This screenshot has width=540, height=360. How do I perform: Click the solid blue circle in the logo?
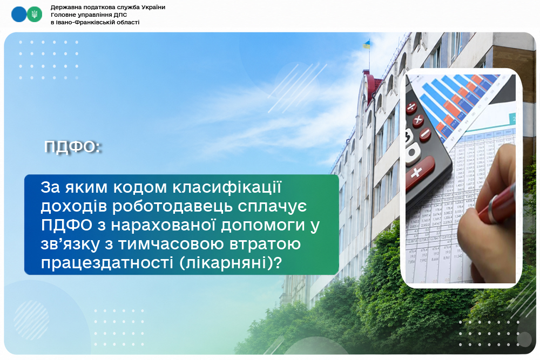[18, 15]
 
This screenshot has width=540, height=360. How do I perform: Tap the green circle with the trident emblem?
[35, 15]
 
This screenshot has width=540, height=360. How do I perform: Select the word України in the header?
[153, 7]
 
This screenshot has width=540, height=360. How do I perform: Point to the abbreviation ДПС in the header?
[121, 15]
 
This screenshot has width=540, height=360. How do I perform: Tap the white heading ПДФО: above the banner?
[72, 147]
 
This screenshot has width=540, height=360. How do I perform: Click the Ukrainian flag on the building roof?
[366, 44]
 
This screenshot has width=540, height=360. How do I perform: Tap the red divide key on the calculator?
[411, 108]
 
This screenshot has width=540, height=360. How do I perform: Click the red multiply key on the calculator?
[418, 120]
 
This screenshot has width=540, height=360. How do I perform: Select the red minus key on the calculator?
[426, 134]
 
